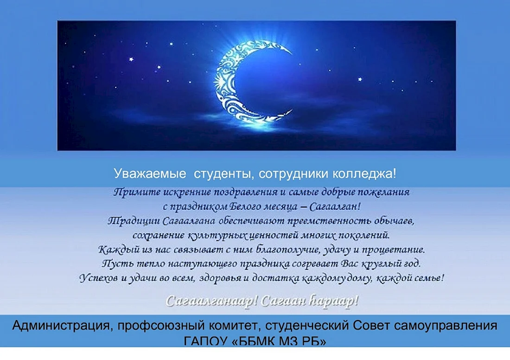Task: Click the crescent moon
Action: (x=224, y=81)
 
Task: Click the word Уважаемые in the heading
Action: (x=150, y=174)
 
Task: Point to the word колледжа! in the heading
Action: (x=364, y=174)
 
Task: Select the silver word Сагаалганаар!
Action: (x=211, y=301)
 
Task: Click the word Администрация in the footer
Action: (x=60, y=326)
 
